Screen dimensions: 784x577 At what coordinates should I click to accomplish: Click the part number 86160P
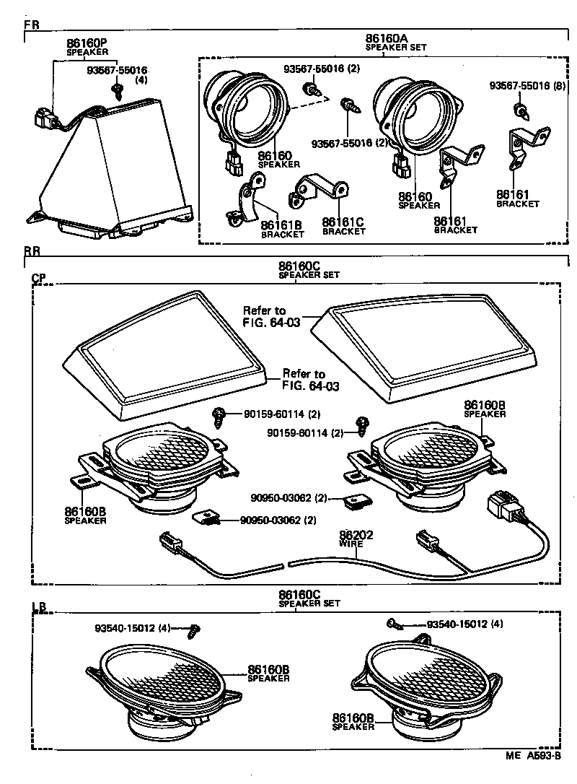87,43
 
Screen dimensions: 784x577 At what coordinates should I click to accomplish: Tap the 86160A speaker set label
386,39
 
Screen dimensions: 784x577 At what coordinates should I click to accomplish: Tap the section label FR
32,24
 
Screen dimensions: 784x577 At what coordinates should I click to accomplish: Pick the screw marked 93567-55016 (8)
519,111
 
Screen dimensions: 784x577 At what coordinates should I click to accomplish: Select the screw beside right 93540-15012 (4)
395,622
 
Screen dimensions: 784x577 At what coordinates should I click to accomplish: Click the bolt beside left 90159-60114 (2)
218,416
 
